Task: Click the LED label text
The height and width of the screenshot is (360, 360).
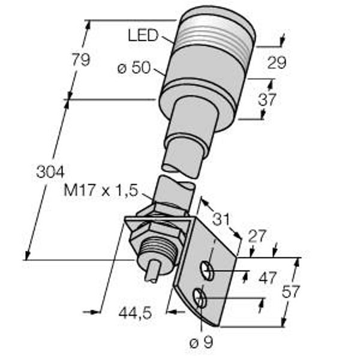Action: [143, 36]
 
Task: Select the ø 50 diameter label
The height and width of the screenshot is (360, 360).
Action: [134, 68]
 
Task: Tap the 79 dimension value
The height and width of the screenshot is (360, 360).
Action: [81, 59]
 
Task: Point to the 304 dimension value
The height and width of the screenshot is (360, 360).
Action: [50, 172]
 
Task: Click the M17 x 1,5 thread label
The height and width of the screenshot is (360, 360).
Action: [101, 191]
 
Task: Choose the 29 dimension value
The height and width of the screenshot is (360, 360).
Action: [277, 62]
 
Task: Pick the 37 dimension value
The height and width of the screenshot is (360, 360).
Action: [266, 100]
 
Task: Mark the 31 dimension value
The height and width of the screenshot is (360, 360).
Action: [221, 219]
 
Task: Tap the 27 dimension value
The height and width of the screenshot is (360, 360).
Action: [257, 236]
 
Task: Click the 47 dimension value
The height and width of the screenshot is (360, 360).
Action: [267, 278]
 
